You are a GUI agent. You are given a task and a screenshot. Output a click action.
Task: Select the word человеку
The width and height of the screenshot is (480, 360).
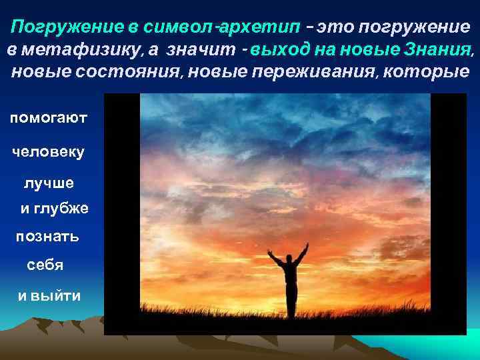(49, 152)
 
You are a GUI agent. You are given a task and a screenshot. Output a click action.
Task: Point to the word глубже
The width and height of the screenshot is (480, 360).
(63, 209)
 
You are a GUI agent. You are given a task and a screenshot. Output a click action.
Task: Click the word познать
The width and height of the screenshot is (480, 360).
(47, 237)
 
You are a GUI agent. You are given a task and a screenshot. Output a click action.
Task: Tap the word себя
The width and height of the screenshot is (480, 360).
(45, 265)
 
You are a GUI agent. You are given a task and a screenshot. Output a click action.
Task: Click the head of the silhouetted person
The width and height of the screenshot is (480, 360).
(289, 258)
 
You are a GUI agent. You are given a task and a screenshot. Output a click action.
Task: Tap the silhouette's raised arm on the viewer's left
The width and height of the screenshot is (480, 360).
(274, 258)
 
